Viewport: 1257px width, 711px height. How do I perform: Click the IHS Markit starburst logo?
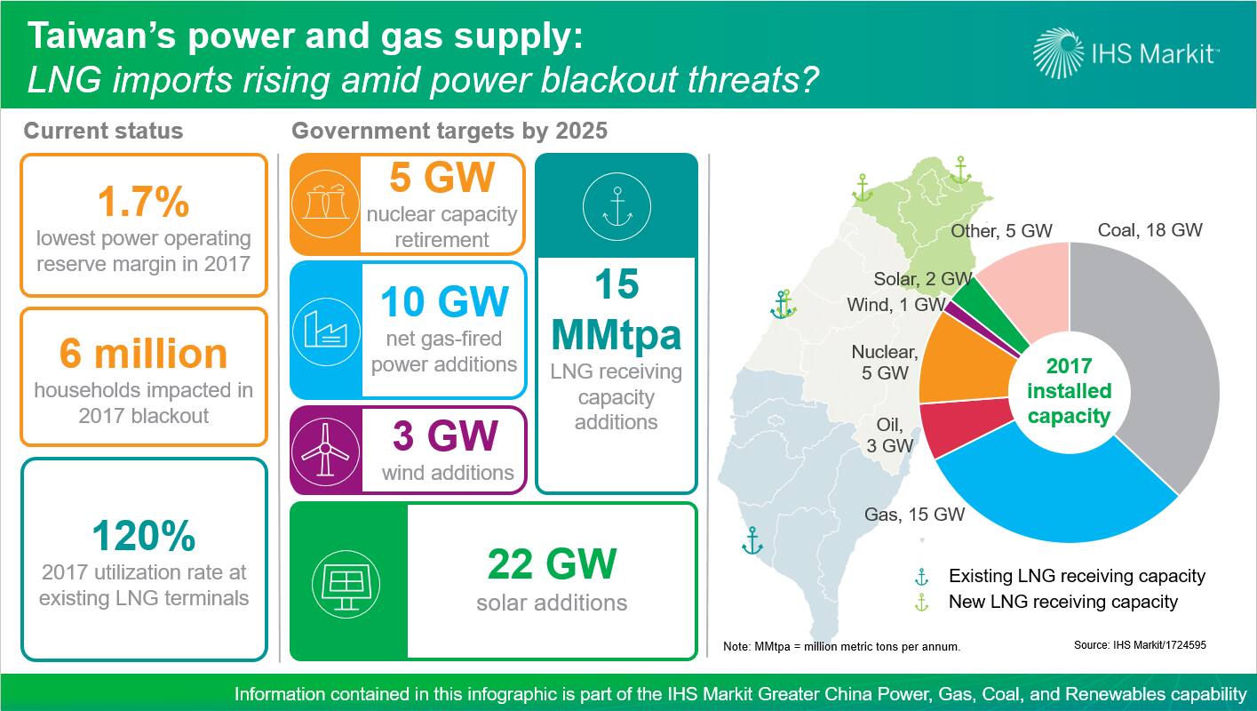[1058, 52]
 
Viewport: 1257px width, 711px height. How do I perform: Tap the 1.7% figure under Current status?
[144, 201]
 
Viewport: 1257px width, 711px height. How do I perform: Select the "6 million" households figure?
[143, 353]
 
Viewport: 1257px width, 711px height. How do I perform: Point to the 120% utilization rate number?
[144, 535]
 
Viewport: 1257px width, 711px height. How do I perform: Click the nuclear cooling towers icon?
[325, 204]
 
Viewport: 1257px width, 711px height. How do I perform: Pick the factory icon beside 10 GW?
[326, 332]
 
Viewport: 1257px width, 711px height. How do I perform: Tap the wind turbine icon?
[325, 451]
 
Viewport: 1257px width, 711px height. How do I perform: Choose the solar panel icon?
[346, 584]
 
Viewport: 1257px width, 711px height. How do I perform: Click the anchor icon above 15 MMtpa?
[617, 207]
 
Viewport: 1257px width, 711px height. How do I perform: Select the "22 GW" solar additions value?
[553, 563]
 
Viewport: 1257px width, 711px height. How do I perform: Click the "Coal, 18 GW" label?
[1150, 229]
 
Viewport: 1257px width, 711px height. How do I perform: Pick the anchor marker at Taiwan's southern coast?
[752, 540]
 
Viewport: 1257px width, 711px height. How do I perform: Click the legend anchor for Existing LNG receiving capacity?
[921, 577]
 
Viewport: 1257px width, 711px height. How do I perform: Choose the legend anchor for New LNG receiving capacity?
[921, 603]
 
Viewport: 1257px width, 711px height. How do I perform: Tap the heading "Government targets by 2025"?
[449, 131]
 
